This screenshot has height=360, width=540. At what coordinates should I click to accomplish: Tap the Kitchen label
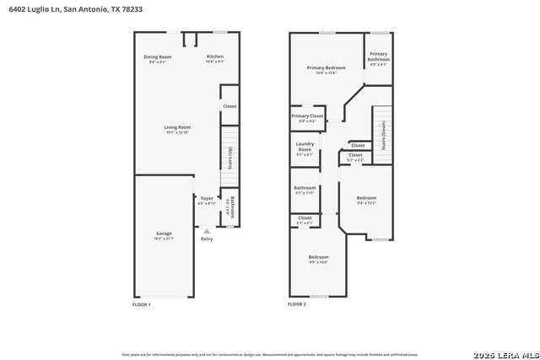coord(215,57)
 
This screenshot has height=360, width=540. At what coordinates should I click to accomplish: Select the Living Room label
coord(177,127)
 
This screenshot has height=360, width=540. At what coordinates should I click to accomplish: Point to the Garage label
coord(164,234)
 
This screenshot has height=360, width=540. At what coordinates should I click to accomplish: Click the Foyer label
coord(207,199)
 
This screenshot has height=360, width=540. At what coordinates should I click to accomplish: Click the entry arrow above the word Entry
coord(207,229)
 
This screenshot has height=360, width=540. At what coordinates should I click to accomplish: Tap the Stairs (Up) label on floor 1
coord(229,158)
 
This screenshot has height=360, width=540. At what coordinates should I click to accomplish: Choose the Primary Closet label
coord(307,116)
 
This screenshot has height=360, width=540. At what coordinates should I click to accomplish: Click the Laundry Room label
coord(305,147)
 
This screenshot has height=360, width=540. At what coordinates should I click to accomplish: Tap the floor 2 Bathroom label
coord(305,188)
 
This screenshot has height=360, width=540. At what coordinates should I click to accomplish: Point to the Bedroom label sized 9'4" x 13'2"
coord(366,198)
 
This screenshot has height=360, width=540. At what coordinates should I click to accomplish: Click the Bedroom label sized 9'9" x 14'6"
coord(318,257)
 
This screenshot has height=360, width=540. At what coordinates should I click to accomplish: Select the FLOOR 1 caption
coord(142,304)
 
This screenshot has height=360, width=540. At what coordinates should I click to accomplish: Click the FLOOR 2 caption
coord(297,304)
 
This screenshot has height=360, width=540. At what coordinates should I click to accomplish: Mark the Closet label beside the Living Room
coord(229,106)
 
